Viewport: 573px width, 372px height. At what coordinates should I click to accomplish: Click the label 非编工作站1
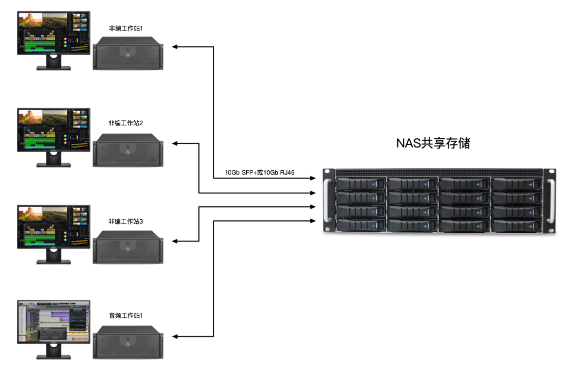click(x=126, y=29)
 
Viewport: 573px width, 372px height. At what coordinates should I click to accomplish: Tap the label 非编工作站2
click(x=126, y=123)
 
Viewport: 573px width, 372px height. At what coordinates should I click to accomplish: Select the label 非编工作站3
click(x=126, y=222)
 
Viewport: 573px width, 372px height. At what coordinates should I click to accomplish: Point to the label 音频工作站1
click(x=126, y=316)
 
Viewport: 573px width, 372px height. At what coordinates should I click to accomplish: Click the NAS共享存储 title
click(x=433, y=144)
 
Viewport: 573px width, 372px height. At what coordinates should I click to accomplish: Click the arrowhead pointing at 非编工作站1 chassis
click(x=175, y=47)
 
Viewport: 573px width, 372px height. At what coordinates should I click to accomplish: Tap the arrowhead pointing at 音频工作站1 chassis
click(x=175, y=337)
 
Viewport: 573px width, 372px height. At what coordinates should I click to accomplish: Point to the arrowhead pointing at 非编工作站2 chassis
click(x=175, y=143)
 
